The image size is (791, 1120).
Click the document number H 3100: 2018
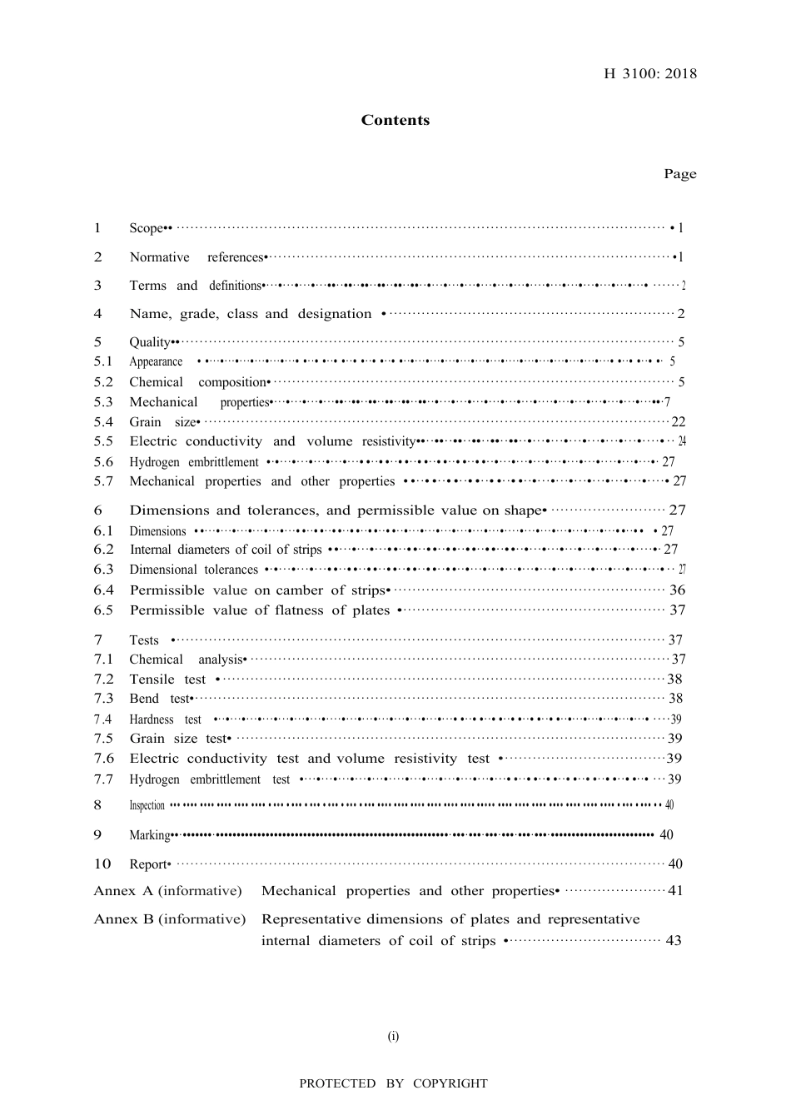[x=650, y=73]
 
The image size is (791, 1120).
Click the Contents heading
[x=395, y=120]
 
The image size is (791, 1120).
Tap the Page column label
[x=679, y=174]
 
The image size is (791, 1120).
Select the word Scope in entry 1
[x=146, y=228]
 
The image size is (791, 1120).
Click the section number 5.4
[x=103, y=422]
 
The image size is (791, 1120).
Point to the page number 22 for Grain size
[x=678, y=422]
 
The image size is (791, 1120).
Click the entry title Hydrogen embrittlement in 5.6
[x=194, y=462]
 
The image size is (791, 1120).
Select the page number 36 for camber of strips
[x=678, y=590]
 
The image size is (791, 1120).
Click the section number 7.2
[x=103, y=679]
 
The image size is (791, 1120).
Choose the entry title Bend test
[x=160, y=699]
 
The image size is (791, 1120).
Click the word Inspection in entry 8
[x=147, y=805]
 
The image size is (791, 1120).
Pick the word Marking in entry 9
[x=149, y=835]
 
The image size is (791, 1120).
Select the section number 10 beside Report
[x=102, y=864]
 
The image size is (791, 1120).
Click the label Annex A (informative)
[x=167, y=891]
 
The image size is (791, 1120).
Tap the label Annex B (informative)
[x=170, y=919]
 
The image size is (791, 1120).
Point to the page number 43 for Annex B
[x=674, y=941]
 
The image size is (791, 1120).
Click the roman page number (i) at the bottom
[x=393, y=1037]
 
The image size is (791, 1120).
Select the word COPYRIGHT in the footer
[x=450, y=1083]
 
